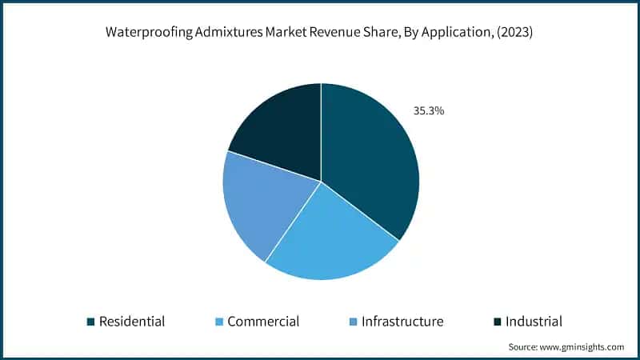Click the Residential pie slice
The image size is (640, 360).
pos(368,160)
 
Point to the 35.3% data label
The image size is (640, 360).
pos(429,111)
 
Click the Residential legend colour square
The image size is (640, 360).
pos(90,322)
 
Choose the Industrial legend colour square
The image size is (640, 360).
pos(497,322)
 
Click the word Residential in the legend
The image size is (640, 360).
pos(132,322)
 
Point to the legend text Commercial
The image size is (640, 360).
pos(263,322)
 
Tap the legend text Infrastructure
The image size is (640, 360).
pos(402,322)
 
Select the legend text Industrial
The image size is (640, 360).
pos(534,322)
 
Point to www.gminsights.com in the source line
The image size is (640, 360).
pos(582,347)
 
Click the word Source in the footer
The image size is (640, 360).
pos(522,347)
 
